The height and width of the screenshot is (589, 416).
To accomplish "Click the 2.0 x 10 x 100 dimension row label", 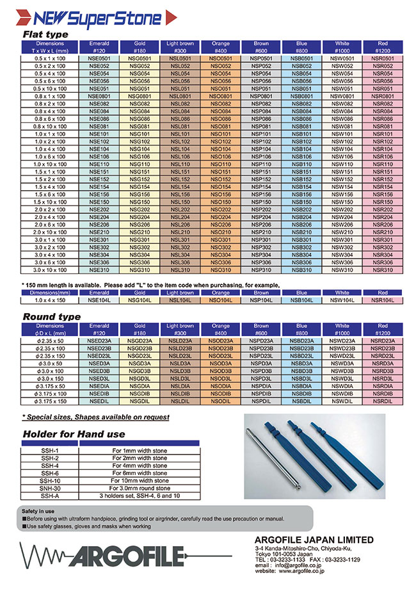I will coord(44,232).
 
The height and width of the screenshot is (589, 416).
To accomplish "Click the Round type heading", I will coord(52,316).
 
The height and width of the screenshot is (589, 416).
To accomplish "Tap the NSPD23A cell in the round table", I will coord(260,341).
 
